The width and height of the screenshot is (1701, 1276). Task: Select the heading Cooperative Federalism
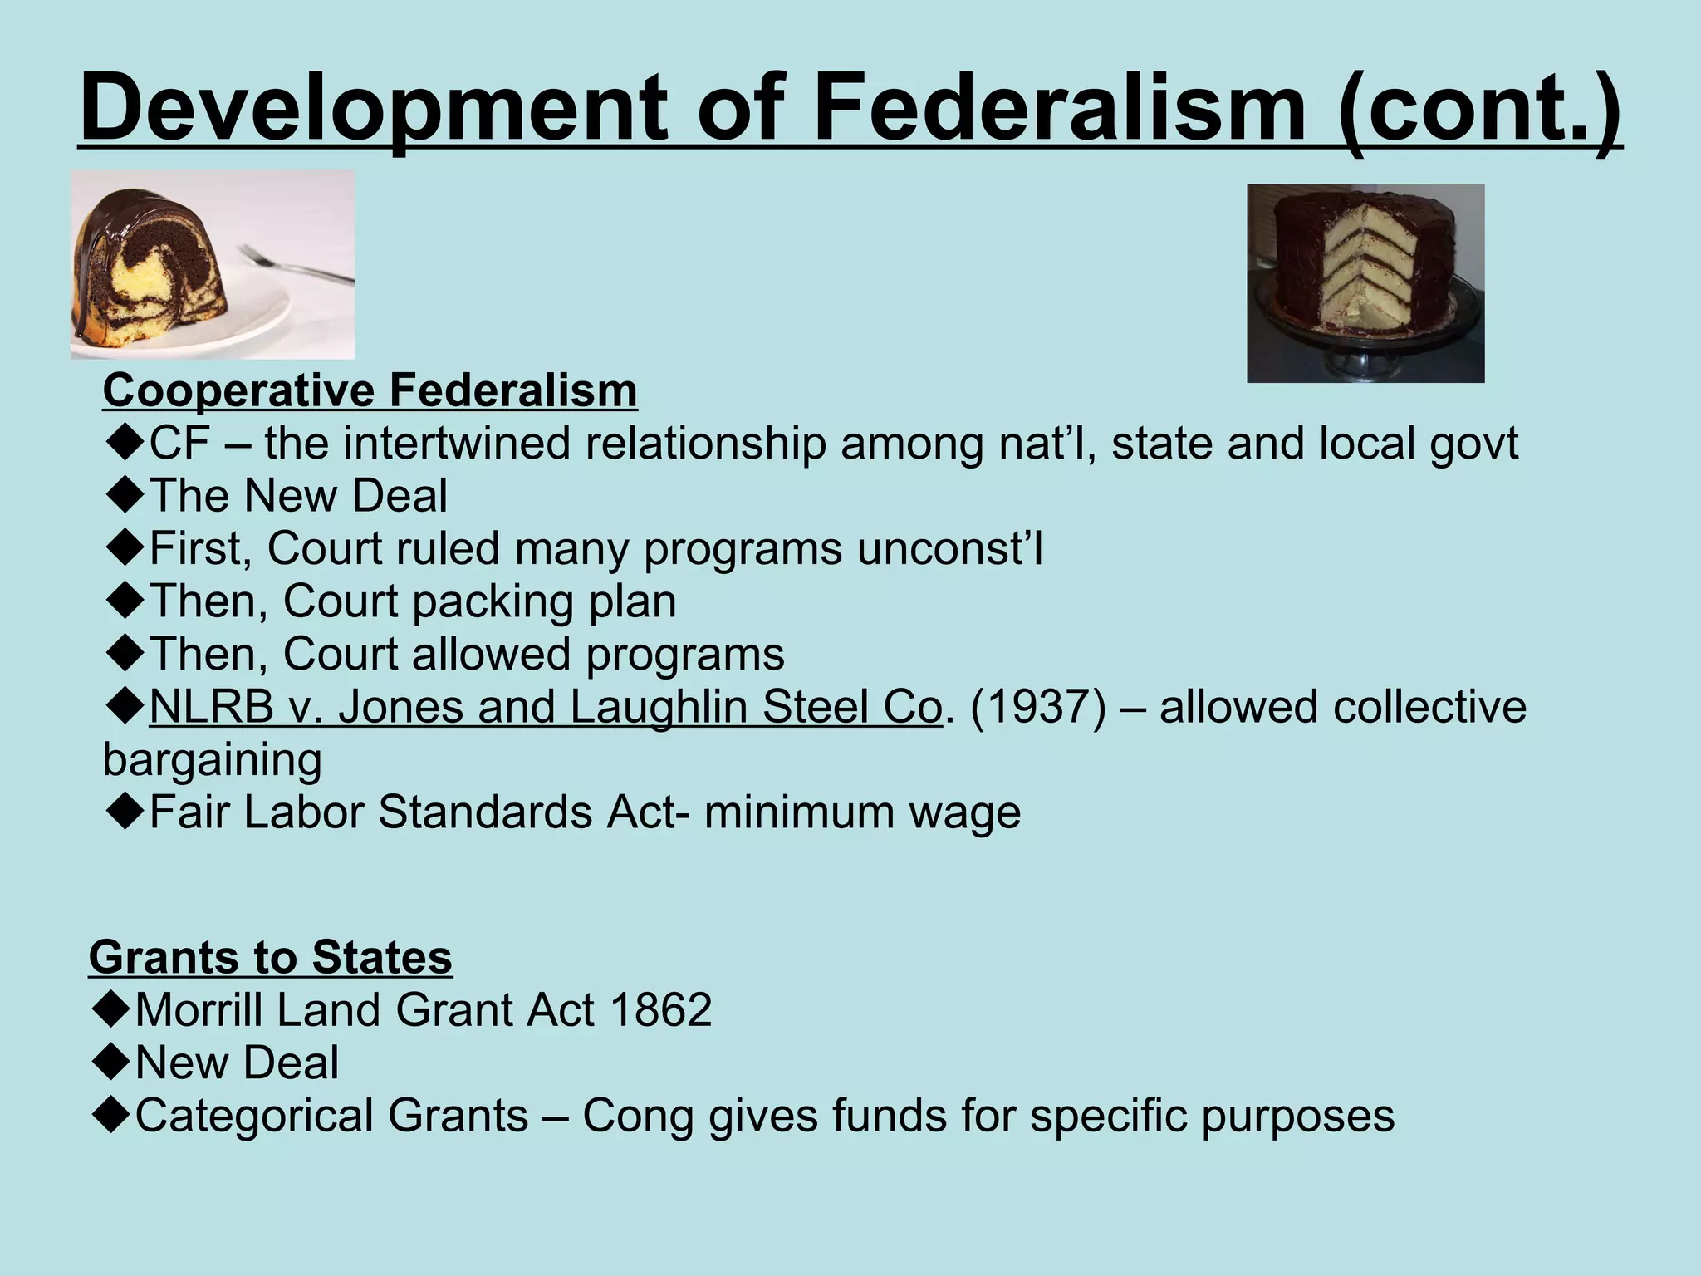[x=370, y=390]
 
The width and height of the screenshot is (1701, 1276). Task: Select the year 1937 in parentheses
[x=1037, y=708]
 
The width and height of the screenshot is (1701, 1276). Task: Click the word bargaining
[x=212, y=760]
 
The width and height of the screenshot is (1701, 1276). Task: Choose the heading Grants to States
[x=270, y=957]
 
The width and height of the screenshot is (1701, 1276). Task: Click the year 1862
[x=660, y=1010]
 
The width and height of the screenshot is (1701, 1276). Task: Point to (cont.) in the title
[x=1479, y=108]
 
